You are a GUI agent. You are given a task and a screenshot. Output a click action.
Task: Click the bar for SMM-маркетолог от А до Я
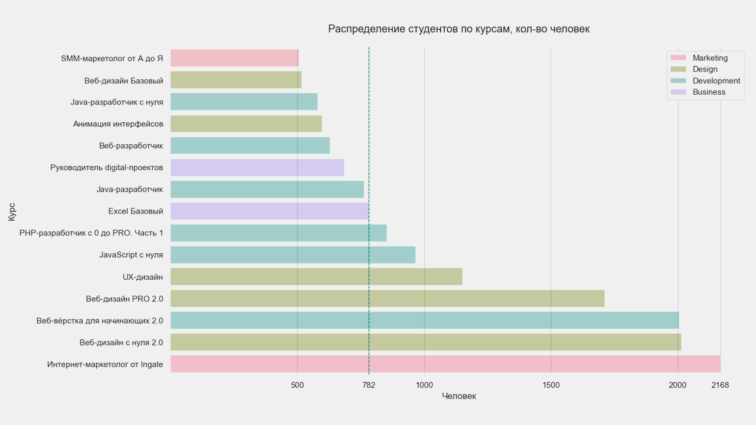click(235, 58)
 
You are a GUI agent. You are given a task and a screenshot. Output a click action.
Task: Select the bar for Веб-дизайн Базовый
click(236, 80)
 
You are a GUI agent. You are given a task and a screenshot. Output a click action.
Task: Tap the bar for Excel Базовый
click(270, 211)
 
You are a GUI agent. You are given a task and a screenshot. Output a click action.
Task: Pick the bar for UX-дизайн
click(316, 277)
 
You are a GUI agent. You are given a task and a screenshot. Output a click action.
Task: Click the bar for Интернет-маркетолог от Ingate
click(445, 364)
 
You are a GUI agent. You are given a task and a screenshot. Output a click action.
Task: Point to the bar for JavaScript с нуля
click(293, 255)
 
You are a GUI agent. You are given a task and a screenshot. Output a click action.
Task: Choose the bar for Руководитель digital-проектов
click(257, 167)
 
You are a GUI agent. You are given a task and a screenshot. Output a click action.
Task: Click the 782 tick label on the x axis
click(369, 385)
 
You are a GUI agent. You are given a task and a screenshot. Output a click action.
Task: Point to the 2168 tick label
click(720, 385)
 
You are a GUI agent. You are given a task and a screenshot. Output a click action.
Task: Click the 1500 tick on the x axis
click(551, 385)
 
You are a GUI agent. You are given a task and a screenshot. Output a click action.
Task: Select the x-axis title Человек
click(459, 396)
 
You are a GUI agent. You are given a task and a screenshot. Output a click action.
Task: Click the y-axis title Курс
click(12, 212)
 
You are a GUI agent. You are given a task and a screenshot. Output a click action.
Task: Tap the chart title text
click(459, 29)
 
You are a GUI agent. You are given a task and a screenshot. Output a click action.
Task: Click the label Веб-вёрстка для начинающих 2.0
click(100, 321)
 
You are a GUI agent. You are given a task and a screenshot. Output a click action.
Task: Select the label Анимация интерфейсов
click(118, 124)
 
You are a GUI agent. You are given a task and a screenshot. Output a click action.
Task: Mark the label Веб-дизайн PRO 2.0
click(124, 299)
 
